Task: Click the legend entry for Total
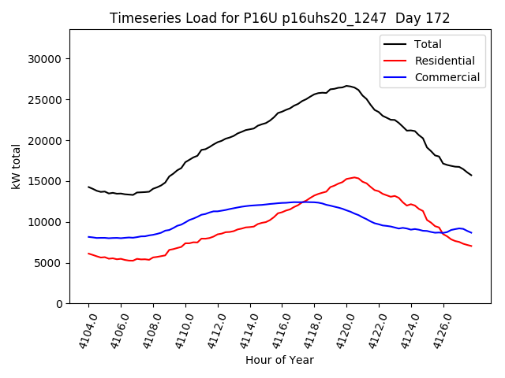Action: point(427,45)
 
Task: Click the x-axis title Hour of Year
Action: point(279,360)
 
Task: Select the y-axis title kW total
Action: point(17,166)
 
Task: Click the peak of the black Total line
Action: point(347,86)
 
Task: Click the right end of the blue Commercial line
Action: point(472,233)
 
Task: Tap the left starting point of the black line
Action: point(88,187)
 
